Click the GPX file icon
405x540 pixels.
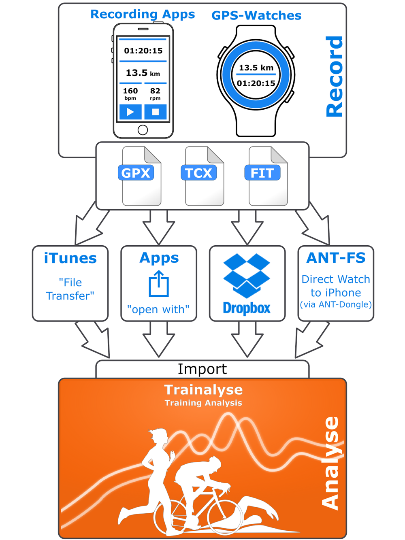point(141,176)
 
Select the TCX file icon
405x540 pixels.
point(204,176)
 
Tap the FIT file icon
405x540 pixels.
point(268,176)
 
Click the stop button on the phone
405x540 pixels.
point(156,112)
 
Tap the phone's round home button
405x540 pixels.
point(143,130)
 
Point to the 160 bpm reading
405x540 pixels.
point(130,93)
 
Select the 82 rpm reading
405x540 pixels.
point(155,93)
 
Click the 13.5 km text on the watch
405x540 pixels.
point(256,68)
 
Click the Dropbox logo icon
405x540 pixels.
point(247,275)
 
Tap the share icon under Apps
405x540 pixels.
point(158,284)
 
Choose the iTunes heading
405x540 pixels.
point(70,258)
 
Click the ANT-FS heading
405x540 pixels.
point(336,258)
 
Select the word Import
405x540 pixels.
point(202,369)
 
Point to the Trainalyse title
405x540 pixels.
point(203,390)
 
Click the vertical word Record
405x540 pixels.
point(335,77)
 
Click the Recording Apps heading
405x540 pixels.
point(143,14)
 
